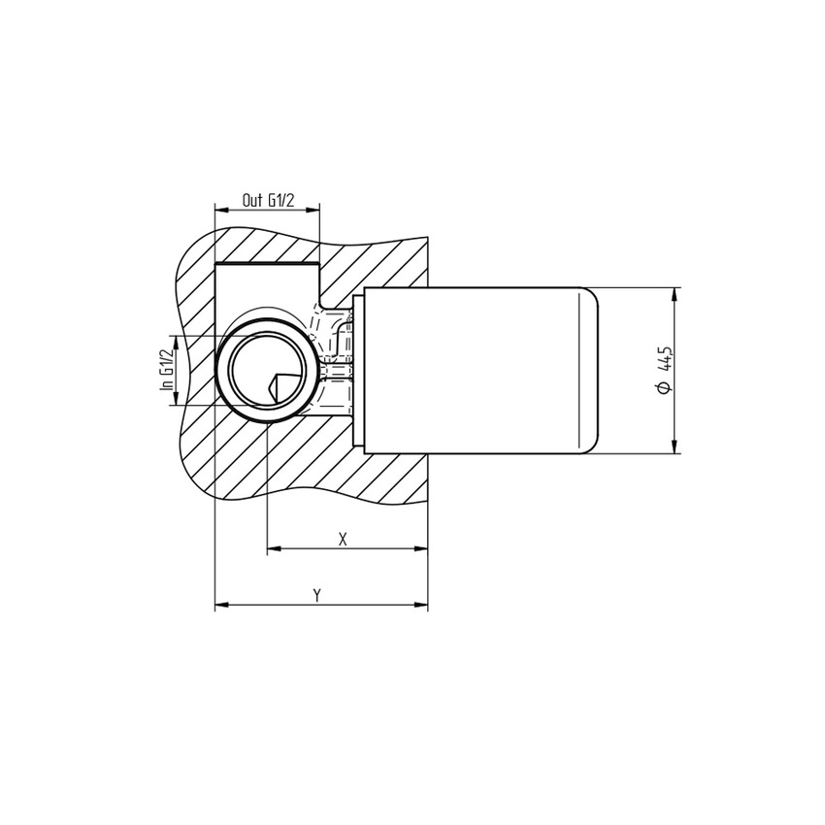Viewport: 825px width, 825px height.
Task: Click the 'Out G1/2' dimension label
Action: click(x=267, y=200)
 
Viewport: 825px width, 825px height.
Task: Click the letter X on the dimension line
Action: click(x=343, y=539)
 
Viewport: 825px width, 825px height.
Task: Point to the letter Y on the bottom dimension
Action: click(x=317, y=595)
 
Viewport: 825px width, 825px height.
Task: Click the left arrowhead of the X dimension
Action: click(x=272, y=549)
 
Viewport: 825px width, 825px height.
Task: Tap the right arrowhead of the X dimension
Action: click(x=422, y=549)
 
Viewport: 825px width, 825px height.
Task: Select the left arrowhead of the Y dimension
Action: click(x=219, y=606)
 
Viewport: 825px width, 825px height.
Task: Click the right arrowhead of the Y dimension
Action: click(x=422, y=606)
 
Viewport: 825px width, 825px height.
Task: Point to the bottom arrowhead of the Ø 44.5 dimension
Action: click(x=676, y=447)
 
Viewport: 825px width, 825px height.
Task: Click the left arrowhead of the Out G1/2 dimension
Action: click(x=219, y=210)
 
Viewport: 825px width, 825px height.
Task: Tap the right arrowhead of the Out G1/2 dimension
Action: click(x=313, y=210)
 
